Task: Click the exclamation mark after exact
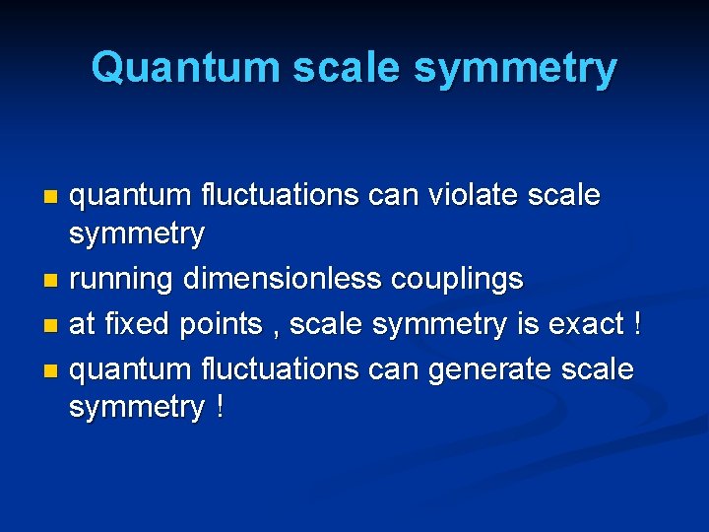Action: point(636,323)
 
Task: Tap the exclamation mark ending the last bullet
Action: point(216,407)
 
